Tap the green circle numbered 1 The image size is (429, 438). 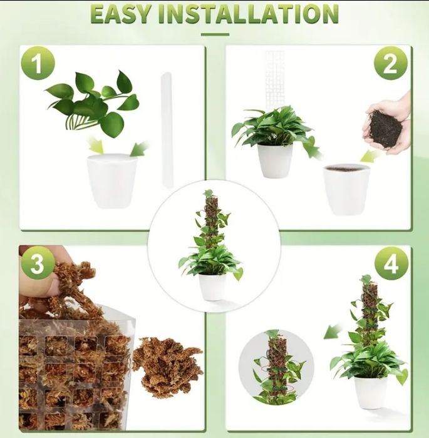[38, 63]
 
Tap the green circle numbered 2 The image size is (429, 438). [391, 63]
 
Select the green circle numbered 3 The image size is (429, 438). [38, 263]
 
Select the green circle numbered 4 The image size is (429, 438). [391, 263]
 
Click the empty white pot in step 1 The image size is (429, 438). [112, 181]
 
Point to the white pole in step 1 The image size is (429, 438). [167, 130]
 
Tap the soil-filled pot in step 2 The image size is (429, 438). [346, 190]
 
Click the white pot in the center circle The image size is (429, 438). [212, 287]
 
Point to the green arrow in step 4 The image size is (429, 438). [333, 332]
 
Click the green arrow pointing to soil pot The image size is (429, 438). [370, 156]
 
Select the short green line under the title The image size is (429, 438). [215, 34]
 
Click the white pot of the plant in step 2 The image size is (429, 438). [276, 161]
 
